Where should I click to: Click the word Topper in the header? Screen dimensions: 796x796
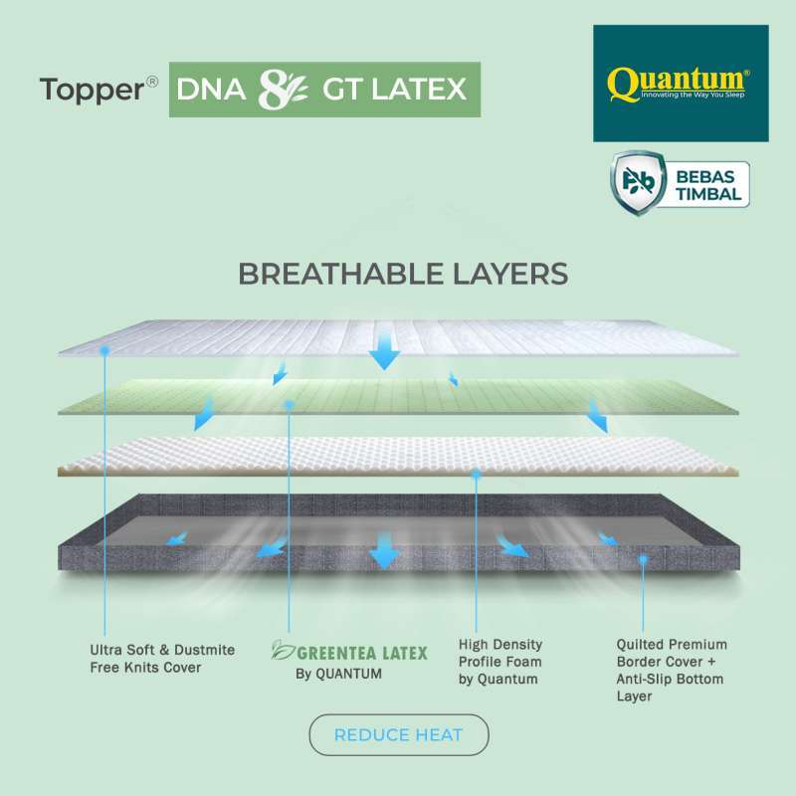tap(91, 89)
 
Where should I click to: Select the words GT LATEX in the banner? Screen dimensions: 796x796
tap(394, 90)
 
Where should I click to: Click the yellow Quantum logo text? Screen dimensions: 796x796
tap(679, 81)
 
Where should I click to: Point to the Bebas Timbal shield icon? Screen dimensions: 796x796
tap(637, 179)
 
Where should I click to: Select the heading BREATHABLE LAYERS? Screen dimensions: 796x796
tap(403, 274)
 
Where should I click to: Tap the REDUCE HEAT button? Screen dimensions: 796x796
tap(399, 735)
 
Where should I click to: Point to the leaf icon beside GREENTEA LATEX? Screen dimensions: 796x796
tap(284, 652)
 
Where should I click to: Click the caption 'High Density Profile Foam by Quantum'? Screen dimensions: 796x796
tap(500, 662)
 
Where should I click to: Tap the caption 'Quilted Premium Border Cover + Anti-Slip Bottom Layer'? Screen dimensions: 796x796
tap(672, 670)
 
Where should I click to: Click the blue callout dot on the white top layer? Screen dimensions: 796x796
tap(104, 350)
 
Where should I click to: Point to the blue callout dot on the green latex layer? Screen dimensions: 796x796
tap(289, 404)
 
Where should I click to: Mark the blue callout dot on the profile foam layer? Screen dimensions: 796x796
tap(478, 476)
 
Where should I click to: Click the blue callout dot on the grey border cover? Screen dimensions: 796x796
tap(644, 559)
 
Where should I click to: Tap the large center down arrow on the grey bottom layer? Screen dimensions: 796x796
tap(385, 551)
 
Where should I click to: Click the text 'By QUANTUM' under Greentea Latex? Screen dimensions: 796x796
tap(338, 674)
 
